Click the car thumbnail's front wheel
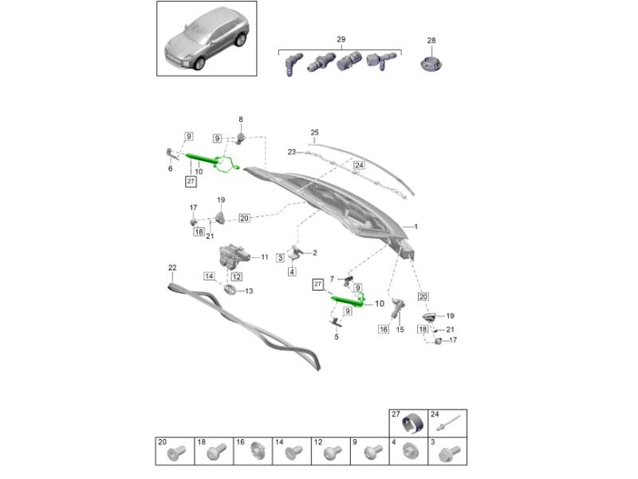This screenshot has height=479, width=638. [x=199, y=64]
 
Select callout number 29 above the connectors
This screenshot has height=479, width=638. [x=341, y=39]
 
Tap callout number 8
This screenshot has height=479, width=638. [x=241, y=119]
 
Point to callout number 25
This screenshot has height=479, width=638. [x=314, y=133]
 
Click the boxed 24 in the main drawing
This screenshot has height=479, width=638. [x=359, y=165]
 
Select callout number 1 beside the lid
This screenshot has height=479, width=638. [x=415, y=227]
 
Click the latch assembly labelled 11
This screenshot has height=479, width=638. [x=233, y=256]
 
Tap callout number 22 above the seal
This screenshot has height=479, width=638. [x=172, y=267]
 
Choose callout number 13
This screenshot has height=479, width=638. [x=249, y=291]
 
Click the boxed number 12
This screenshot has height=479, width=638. [x=237, y=276]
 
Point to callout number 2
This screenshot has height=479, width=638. [x=314, y=253]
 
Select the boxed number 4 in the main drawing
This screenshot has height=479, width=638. [x=292, y=271]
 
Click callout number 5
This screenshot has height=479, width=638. [x=337, y=337]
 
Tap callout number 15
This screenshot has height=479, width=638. [x=400, y=329]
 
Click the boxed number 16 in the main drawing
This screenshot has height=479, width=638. [x=384, y=329]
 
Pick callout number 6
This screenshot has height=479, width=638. [x=170, y=168]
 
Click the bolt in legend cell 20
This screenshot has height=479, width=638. [x=176, y=452]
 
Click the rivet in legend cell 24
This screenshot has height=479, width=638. [x=448, y=422]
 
